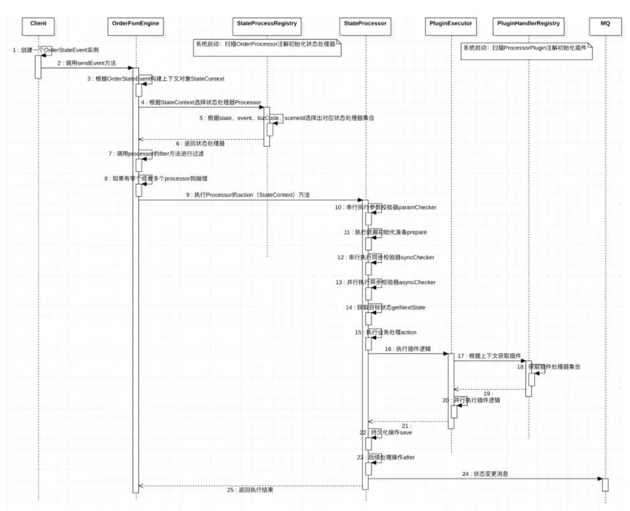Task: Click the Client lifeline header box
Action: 38,24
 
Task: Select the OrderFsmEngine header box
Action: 135,24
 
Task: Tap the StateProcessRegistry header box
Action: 267,24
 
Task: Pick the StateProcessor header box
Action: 365,24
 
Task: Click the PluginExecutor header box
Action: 451,24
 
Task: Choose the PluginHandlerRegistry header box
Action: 528,24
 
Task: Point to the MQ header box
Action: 605,24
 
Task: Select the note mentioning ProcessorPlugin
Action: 525,48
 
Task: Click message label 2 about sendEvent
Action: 85,63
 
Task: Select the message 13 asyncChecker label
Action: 386,282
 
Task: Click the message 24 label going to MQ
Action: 486,474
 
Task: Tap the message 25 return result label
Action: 250,490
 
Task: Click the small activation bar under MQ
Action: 605,484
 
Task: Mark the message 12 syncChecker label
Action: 386,257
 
